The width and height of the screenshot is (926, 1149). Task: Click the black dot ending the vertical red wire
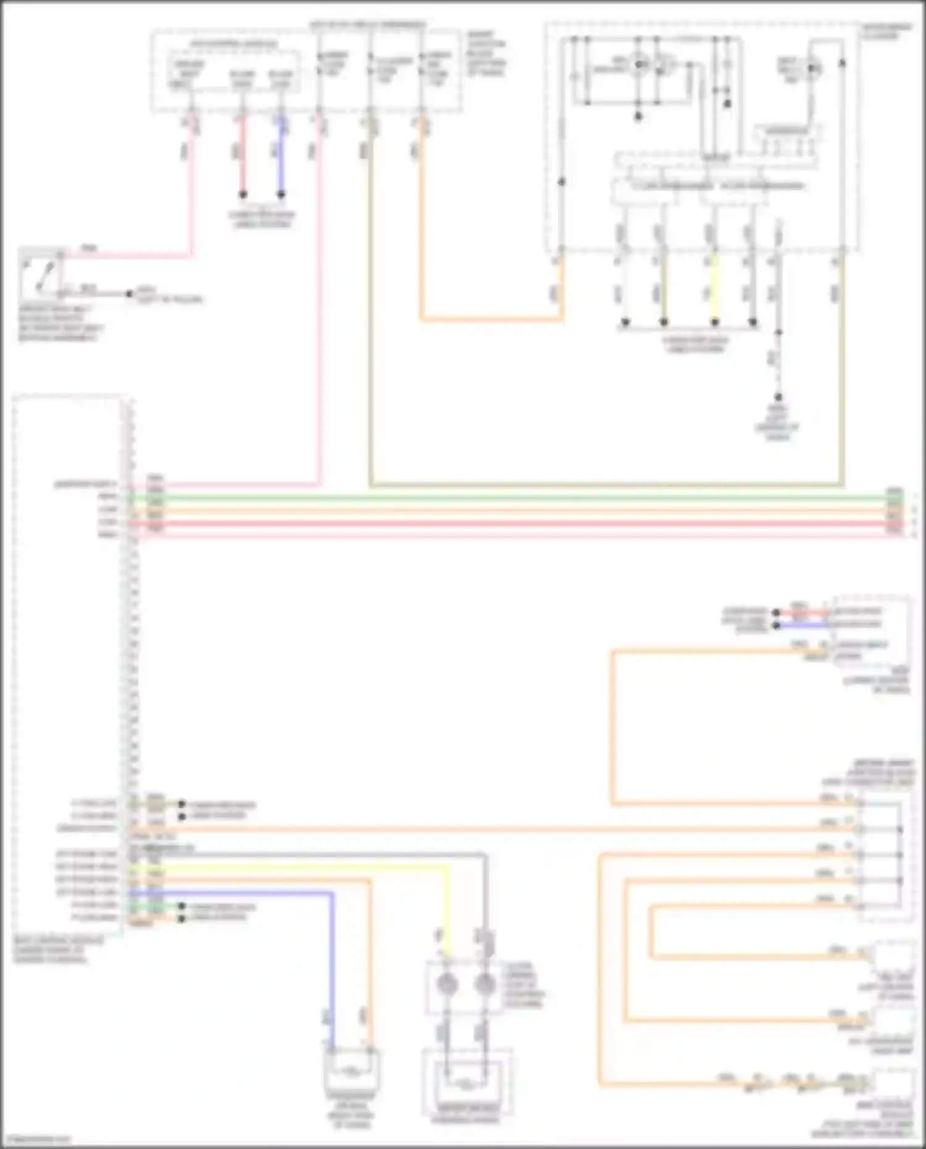[243, 194]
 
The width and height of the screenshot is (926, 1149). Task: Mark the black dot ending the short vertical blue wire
[282, 194]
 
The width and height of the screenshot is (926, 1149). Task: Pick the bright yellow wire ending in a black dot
[714, 290]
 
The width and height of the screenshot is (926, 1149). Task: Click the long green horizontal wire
[494, 497]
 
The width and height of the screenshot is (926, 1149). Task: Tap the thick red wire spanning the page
[494, 524]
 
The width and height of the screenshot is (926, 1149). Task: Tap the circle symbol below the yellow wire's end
[447, 984]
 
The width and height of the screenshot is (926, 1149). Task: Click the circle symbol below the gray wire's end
[485, 984]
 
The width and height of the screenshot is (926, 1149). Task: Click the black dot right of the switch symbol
[129, 294]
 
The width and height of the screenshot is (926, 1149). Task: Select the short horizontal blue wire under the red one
[803, 625]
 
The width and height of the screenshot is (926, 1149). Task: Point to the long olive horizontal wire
[605, 485]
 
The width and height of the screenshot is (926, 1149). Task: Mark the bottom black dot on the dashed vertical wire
[778, 397]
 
